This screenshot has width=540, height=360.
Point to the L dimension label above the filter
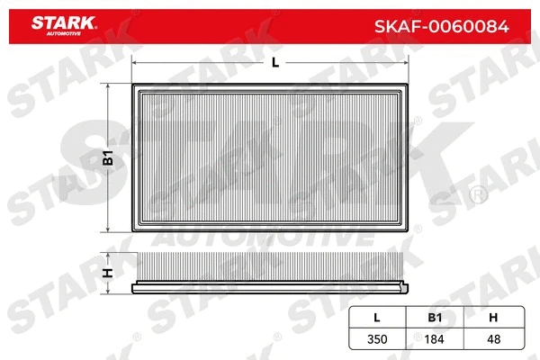(274, 62)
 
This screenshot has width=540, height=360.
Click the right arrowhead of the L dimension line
(409, 62)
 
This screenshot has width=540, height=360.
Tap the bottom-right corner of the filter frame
(411, 230)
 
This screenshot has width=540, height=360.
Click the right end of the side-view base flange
(411, 289)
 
